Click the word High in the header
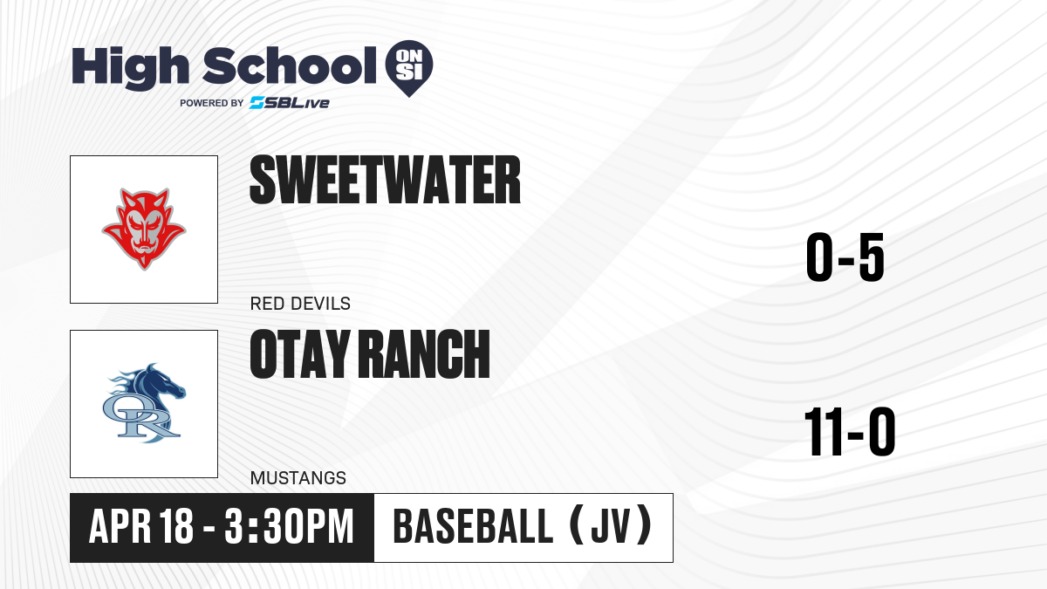[x=131, y=68]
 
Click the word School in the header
[x=290, y=66]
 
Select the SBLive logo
[x=290, y=103]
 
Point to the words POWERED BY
[x=212, y=103]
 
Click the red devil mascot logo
[x=144, y=229]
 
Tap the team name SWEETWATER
[x=385, y=180]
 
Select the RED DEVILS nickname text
[x=300, y=304]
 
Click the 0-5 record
[x=845, y=257]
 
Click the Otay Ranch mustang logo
[x=144, y=403]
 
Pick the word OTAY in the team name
[x=300, y=354]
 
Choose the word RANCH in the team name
[x=426, y=354]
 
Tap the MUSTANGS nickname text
[x=298, y=478]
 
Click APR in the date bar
[x=120, y=526]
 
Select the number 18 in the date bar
[x=176, y=526]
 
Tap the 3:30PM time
[x=289, y=526]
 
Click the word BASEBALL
[x=474, y=526]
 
